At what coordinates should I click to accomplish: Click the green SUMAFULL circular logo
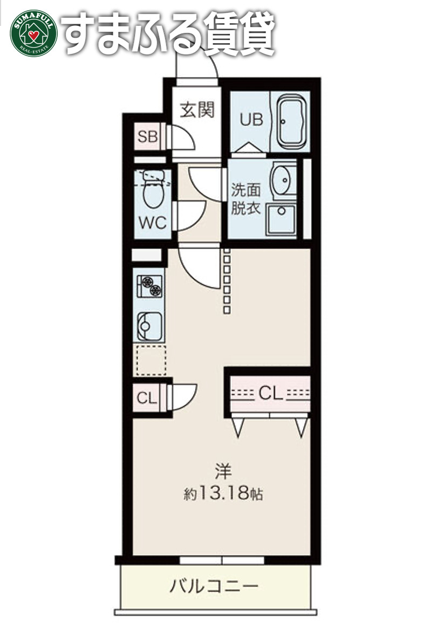point(33,32)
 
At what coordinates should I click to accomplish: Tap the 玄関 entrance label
point(197,109)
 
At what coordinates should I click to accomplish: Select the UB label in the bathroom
point(251,120)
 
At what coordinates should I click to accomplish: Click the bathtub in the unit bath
point(291,121)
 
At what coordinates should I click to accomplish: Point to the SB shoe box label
point(148,137)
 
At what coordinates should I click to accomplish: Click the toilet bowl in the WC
point(153,190)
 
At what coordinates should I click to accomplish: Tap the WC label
point(152,223)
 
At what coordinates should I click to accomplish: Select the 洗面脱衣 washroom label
point(245,199)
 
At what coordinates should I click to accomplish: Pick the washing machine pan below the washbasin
point(282,220)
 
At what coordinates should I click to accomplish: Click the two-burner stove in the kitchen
point(149,286)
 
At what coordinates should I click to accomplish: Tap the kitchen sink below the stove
point(149,326)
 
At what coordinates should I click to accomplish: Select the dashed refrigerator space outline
point(151,360)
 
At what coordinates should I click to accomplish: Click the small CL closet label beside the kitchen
point(146,398)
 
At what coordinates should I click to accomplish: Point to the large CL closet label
point(270,393)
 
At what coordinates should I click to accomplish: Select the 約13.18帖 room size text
point(223,493)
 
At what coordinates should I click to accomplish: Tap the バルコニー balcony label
point(213,586)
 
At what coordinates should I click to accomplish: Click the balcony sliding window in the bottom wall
point(222,560)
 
